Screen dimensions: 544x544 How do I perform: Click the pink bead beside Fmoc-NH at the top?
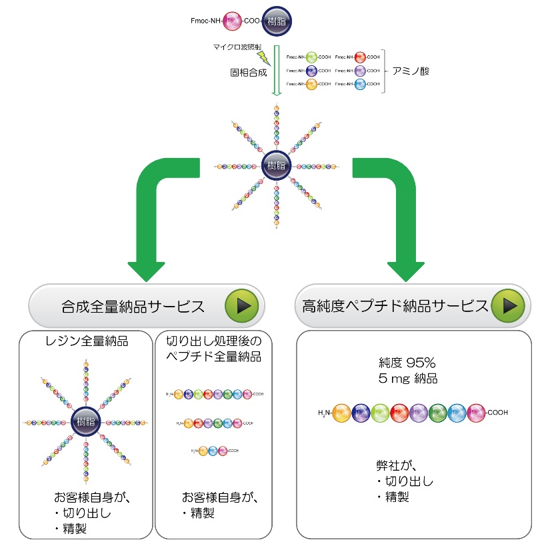click(x=232, y=21)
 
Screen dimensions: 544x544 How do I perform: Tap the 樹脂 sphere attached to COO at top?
click(x=275, y=21)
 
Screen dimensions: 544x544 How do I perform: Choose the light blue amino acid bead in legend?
click(x=361, y=84)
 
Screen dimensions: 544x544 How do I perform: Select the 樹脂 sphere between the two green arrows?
click(x=275, y=166)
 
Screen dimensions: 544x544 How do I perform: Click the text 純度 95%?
click(x=406, y=363)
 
